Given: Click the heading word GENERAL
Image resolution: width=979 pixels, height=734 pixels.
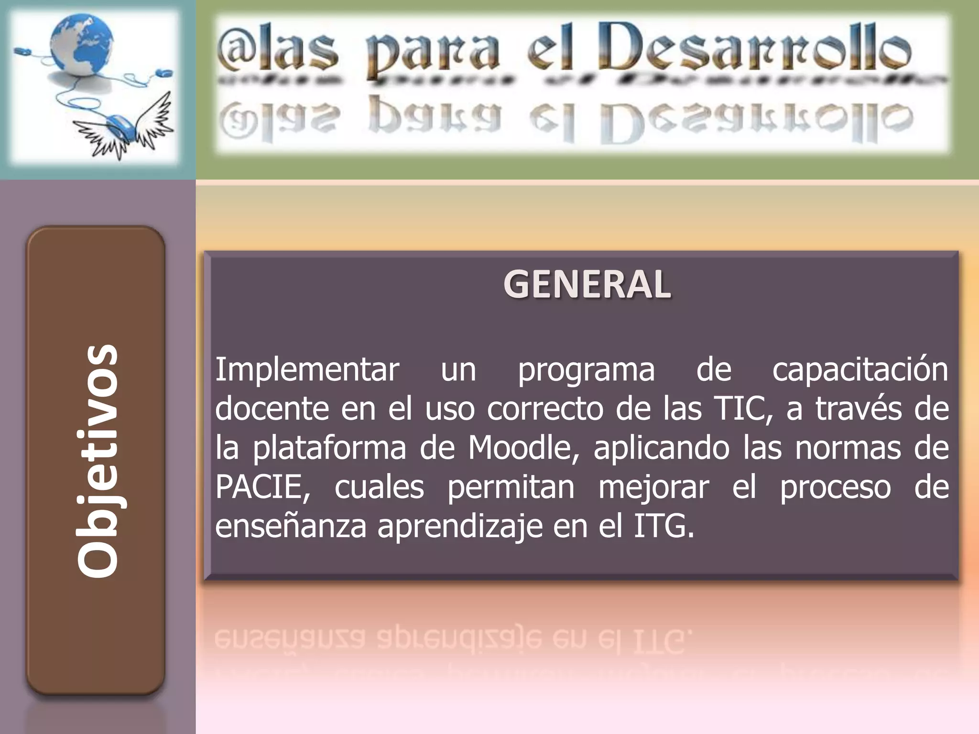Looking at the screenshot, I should tap(587, 284).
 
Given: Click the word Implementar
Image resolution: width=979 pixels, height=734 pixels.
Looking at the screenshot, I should tap(307, 369).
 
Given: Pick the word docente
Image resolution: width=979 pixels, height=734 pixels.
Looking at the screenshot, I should tap(272, 409).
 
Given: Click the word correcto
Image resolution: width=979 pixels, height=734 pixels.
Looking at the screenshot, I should tap(545, 409).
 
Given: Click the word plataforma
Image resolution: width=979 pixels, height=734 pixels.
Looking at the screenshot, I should tap(329, 449).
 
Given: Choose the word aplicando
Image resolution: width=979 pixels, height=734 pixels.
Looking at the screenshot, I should tap(662, 449).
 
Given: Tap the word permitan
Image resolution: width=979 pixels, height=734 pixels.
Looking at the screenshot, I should tap(511, 488).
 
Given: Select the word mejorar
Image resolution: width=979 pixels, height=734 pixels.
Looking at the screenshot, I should tap(653, 488).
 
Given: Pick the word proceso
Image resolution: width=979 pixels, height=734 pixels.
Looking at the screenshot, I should tap(835, 488).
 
